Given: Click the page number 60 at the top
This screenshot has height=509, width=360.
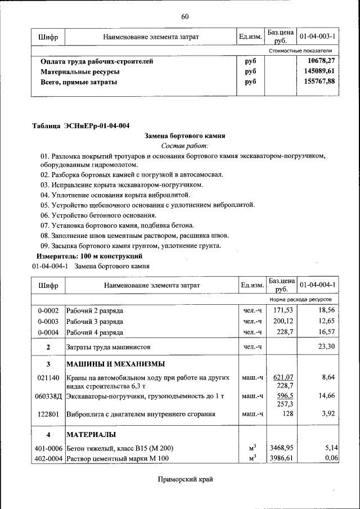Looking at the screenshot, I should click(185, 16).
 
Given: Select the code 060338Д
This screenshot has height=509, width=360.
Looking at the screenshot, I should click(48, 396).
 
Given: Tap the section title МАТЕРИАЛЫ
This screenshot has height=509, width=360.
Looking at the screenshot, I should click(92, 435).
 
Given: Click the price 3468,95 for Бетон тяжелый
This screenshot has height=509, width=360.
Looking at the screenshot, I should click(282, 448).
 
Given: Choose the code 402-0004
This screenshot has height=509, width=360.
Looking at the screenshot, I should click(48, 459).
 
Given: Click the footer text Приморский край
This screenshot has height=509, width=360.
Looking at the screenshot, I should click(185, 479).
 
